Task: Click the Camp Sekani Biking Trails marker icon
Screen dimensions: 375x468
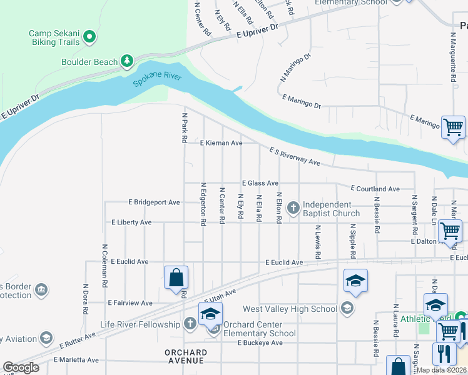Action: tap(89, 37)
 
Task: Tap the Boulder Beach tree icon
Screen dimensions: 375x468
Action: tap(128, 61)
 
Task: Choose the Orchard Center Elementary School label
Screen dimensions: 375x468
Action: tap(259, 329)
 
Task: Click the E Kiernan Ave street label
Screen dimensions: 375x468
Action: tap(221, 143)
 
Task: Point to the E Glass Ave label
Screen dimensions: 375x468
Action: tap(260, 183)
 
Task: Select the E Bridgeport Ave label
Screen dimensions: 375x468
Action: tap(154, 202)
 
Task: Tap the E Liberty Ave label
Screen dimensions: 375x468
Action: tap(131, 222)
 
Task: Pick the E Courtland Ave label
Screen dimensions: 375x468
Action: tap(375, 188)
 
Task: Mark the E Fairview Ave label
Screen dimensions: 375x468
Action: tap(130, 302)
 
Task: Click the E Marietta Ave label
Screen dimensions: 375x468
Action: tap(76, 360)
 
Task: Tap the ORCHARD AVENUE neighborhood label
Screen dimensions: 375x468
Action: tap(186, 357)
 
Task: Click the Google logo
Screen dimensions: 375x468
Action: tap(21, 367)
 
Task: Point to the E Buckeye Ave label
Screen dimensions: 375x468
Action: tap(261, 343)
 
